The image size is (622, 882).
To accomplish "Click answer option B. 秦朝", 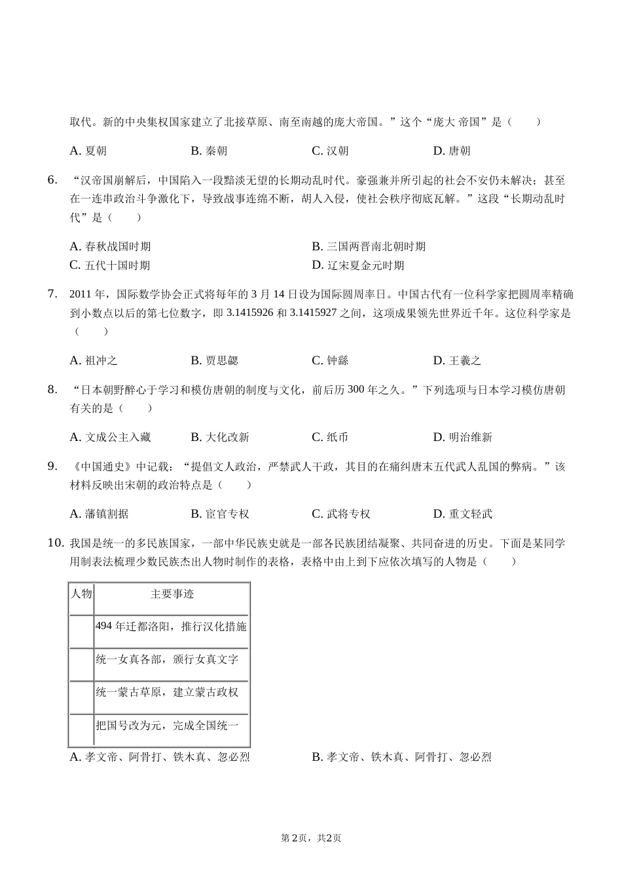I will coord(209,151).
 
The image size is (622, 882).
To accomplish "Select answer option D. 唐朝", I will coord(452,151).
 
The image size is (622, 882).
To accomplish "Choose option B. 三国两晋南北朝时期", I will coord(369,247).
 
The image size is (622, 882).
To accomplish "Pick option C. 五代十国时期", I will coord(110,265).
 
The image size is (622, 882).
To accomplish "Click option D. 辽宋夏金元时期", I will coord(358,265).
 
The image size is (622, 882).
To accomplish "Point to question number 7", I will coord(53,294).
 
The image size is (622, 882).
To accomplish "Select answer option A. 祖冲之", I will coord(93,360).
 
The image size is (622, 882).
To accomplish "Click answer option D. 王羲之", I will coord(457,360).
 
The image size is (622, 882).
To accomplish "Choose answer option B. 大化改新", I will coord(220,437).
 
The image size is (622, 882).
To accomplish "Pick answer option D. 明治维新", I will coord(462,437).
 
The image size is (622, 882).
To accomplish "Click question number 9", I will coord(53,467).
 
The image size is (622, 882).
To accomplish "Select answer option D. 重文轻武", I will coord(462,514).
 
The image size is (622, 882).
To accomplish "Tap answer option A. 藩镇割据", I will coord(99,514).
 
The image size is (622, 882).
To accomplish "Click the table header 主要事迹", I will coord(172,594).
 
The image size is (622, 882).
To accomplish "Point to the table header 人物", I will coord(82,594).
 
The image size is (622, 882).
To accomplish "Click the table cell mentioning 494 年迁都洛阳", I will coord(171,627).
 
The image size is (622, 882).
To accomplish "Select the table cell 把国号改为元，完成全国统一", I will coord(167,725).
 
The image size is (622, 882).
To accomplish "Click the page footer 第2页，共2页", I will coord(311,838).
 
